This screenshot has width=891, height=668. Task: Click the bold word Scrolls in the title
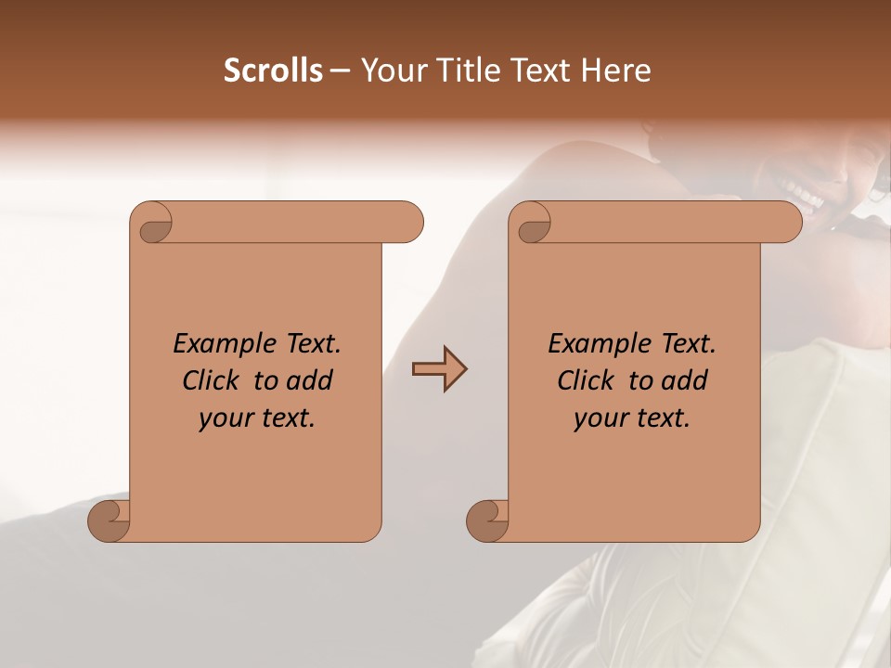click(x=274, y=71)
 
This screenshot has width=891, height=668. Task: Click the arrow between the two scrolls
click(x=439, y=369)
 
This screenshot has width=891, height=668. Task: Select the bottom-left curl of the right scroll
click(x=488, y=520)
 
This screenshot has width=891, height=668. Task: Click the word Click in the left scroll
click(x=209, y=380)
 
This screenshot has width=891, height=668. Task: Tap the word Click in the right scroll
click(x=584, y=380)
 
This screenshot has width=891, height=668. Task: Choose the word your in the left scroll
click(x=223, y=418)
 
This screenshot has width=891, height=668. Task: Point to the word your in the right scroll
click(x=598, y=418)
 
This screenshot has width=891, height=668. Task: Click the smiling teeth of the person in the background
click(x=804, y=194)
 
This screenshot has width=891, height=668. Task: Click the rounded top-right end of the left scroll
click(x=408, y=223)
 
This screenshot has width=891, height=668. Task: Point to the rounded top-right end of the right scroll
click(x=787, y=223)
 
